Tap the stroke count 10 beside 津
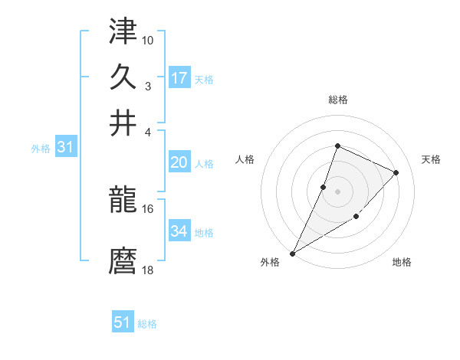click(x=148, y=39)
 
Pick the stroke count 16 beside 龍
click(x=148, y=208)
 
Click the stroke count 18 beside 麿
click(x=148, y=270)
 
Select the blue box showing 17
click(x=179, y=78)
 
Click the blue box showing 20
click(x=179, y=162)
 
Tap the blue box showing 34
click(x=179, y=231)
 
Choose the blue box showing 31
click(x=64, y=148)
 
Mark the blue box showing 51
click(x=123, y=322)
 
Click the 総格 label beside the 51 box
click(x=147, y=324)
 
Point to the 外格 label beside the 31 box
click(x=40, y=149)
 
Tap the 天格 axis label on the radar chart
click(x=431, y=159)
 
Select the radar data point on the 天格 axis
click(x=396, y=172)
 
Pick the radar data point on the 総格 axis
click(x=337, y=146)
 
